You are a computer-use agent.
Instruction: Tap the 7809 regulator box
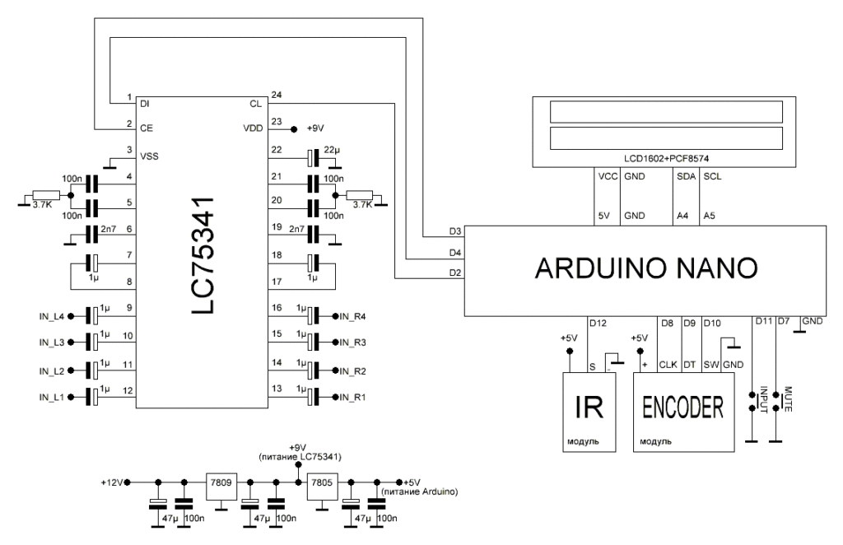point(221,482)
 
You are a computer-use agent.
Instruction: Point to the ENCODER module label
point(682,405)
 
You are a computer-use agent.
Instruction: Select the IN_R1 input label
point(352,398)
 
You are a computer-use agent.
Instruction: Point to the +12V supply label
point(114,482)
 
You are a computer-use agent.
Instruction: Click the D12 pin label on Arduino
point(598,324)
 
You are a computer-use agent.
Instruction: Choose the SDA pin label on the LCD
point(682,175)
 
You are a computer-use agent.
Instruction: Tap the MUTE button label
point(787,398)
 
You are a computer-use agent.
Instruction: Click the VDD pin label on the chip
point(252,128)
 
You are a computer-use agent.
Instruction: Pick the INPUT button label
point(763,398)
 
